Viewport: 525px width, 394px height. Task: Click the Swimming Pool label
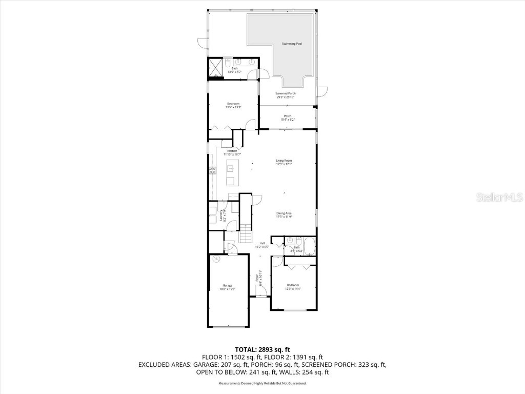(292, 44)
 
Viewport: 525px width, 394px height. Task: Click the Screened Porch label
(286, 93)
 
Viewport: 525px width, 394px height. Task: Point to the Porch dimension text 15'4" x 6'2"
(287, 120)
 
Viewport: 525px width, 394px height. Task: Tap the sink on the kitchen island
(231, 168)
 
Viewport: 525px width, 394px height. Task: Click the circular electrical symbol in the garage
(216, 259)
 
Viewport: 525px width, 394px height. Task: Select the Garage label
(227, 285)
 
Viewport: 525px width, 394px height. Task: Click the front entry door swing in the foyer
(261, 291)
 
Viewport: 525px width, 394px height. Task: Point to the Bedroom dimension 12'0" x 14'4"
(293, 288)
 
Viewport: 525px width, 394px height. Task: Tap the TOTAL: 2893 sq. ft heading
(262, 349)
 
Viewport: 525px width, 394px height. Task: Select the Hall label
(262, 243)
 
